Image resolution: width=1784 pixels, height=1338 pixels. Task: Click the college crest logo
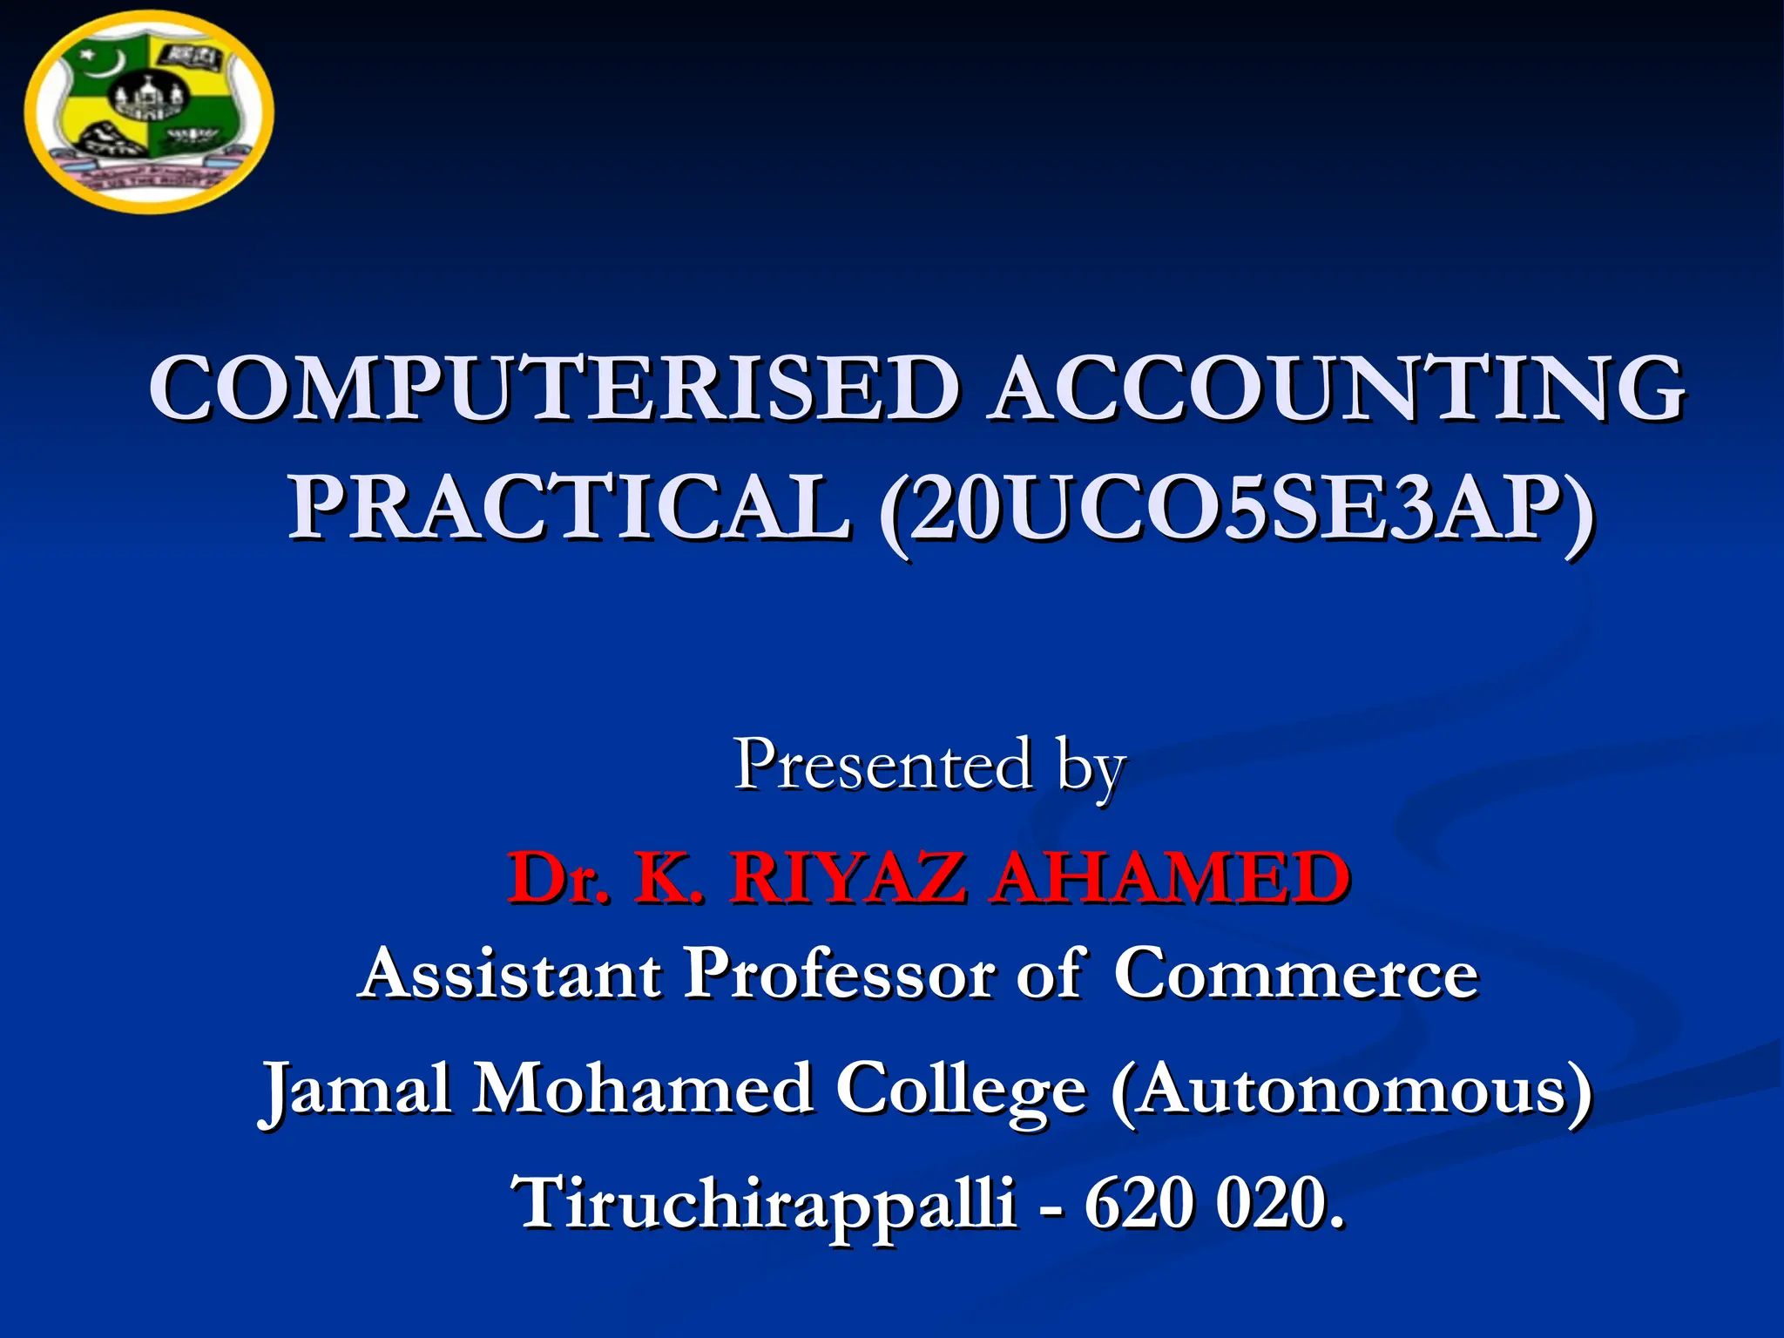click(x=149, y=112)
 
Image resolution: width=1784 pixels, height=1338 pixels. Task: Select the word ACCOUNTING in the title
click(x=1338, y=389)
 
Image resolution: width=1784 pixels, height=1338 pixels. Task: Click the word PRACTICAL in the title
click(x=570, y=508)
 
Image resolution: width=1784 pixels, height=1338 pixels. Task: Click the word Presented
click(x=883, y=765)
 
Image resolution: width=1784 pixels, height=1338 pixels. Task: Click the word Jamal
click(x=356, y=1090)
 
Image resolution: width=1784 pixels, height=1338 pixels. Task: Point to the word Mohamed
click(x=643, y=1088)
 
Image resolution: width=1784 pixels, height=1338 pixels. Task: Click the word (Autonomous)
click(x=1351, y=1090)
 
